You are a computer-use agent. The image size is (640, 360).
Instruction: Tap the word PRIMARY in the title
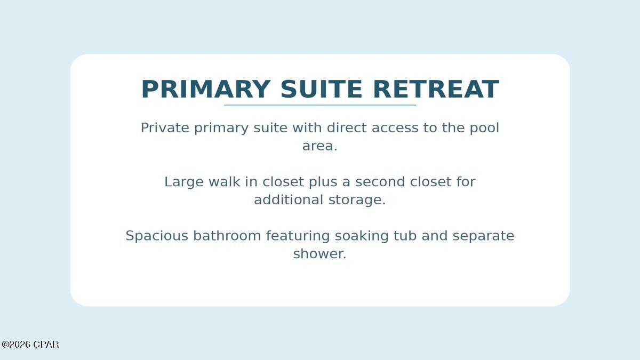point(205,89)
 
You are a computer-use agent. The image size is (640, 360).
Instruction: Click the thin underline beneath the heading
point(320,105)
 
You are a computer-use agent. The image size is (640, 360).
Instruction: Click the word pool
point(484,128)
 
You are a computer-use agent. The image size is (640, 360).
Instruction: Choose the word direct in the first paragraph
point(347,128)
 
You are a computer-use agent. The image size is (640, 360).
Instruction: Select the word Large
point(184,182)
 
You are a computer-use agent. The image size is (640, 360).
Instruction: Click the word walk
point(224,182)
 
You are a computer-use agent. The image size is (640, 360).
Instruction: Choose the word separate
point(483,236)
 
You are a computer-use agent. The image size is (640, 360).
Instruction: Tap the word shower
point(319,254)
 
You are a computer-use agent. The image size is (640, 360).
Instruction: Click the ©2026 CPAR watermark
point(30,345)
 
